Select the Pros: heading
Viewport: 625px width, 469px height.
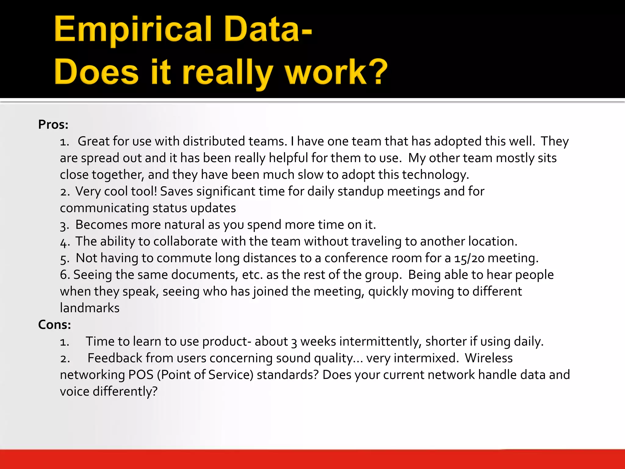53,125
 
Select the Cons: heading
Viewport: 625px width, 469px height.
54,325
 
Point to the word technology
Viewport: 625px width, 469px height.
435,175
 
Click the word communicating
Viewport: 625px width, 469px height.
104,208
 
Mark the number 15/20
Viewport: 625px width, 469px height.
469,258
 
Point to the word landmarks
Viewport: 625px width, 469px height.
90,308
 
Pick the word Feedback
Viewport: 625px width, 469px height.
115,358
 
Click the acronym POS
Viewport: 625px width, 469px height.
141,375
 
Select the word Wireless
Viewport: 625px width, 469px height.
489,358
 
